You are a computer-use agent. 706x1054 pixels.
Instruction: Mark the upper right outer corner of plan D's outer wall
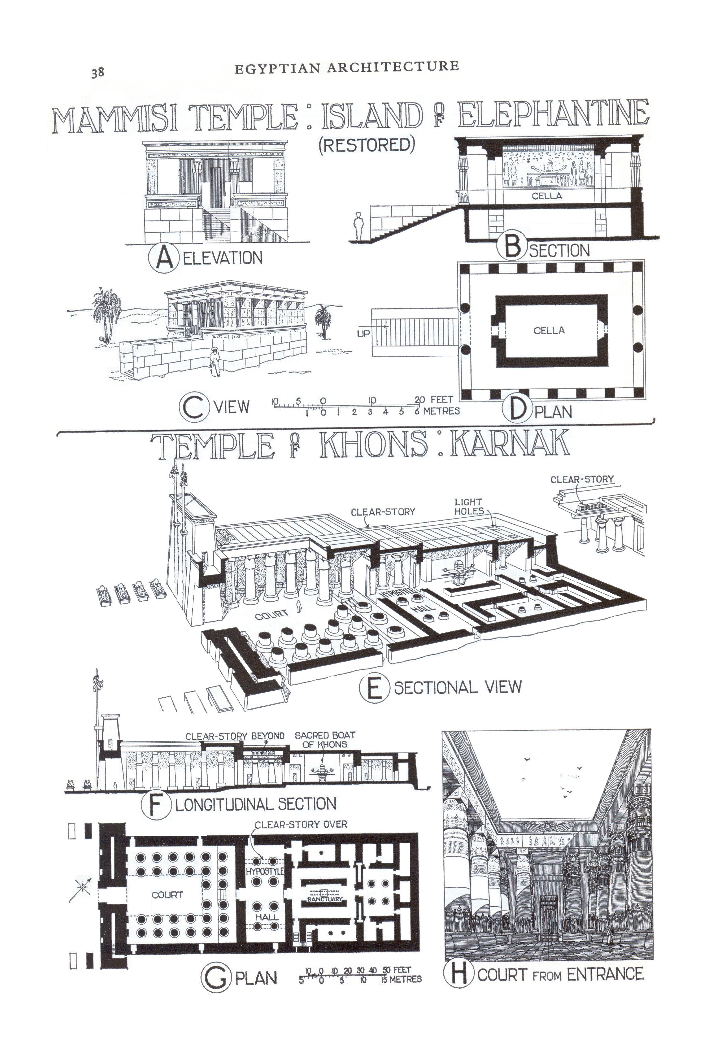[x=644, y=260]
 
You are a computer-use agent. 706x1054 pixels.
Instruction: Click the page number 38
[x=98, y=73]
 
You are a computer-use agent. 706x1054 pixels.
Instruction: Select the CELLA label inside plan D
[x=549, y=331]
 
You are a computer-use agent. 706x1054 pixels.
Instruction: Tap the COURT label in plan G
[x=167, y=895]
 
